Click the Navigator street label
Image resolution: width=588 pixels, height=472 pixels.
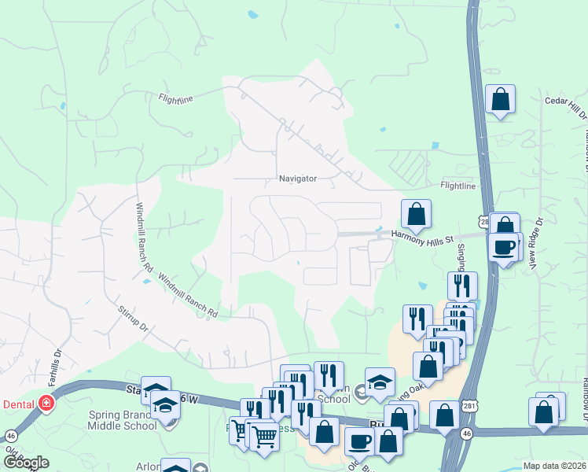tap(298, 179)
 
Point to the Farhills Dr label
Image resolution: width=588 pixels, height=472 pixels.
tap(57, 363)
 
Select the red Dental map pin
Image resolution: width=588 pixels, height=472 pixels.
tap(46, 403)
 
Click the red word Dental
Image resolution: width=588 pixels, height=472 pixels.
tap(18, 403)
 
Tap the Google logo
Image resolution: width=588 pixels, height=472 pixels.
tap(26, 462)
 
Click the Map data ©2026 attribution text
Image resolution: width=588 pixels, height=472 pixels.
tap(553, 466)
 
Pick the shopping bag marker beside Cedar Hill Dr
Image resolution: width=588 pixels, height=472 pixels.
tap(500, 100)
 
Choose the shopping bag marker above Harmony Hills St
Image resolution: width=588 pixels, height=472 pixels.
tap(416, 214)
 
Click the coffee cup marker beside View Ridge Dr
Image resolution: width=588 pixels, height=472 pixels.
tap(503, 246)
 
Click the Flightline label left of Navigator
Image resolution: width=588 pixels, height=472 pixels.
tap(175, 99)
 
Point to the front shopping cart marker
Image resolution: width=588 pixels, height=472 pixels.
tap(264, 436)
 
